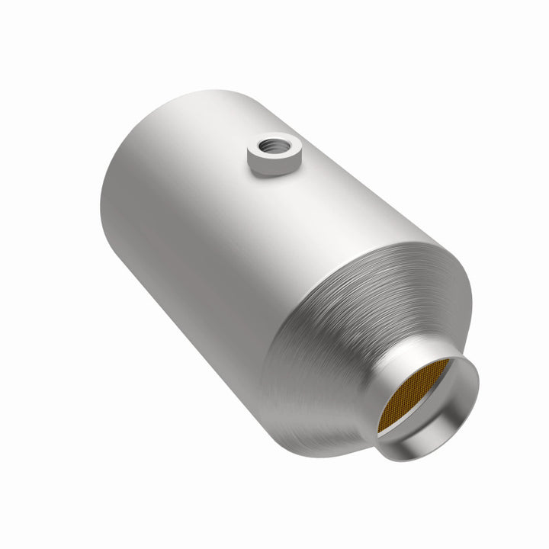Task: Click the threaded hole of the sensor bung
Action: (273, 142)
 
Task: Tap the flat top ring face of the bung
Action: (262, 147)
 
